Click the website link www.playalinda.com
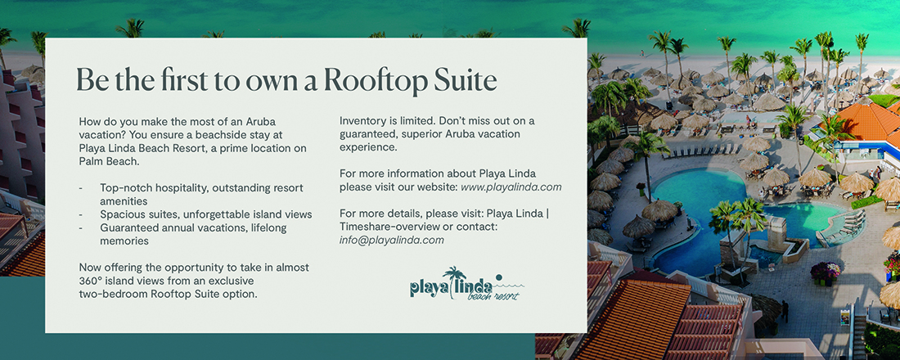pos(511,187)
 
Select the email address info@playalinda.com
pos(391,240)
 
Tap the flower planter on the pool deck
pos(825,272)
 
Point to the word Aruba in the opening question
pos(260,122)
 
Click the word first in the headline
pos(178,80)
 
